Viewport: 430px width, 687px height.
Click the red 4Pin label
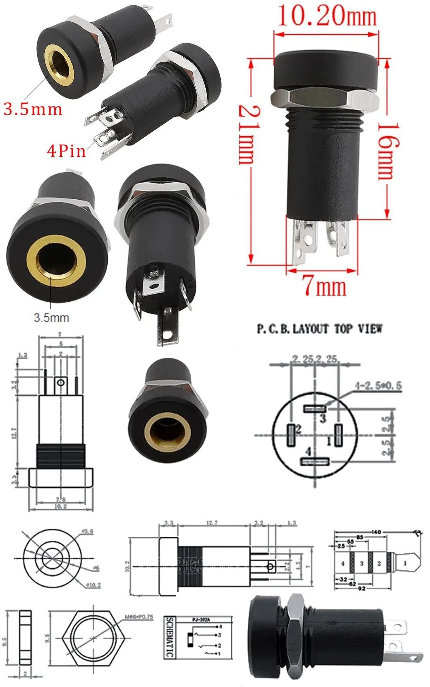66,151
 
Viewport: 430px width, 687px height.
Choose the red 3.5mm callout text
33,109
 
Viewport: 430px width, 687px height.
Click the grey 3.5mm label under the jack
51,318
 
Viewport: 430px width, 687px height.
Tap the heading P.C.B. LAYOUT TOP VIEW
319,329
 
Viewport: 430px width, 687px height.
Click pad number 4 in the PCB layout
315,461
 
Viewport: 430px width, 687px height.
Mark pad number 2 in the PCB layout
291,435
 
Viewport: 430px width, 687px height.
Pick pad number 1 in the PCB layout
338,435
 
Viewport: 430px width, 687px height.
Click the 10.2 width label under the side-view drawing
60,506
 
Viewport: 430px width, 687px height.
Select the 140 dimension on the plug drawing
376,532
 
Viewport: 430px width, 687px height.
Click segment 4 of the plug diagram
343,563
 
